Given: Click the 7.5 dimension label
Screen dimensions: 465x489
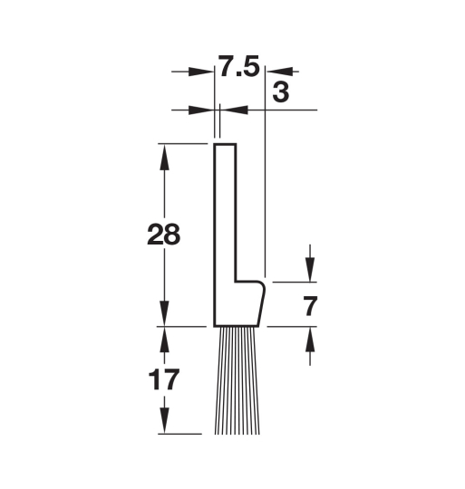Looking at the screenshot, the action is coord(238,66).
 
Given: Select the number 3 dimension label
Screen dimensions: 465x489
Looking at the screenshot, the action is coord(281,92).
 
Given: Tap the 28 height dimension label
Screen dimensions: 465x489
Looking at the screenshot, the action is coord(163,234).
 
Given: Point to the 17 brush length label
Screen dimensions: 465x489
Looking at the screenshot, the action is coord(164,379).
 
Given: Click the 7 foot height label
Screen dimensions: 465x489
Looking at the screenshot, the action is coord(310,306).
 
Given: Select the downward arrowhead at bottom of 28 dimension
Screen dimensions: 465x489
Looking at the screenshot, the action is coord(164,313).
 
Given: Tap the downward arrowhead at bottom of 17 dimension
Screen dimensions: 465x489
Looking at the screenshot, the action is coord(164,421).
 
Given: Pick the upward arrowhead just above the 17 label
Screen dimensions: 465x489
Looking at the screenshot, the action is coord(164,340).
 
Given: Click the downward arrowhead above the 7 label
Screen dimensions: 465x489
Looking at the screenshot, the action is coord(310,270).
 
